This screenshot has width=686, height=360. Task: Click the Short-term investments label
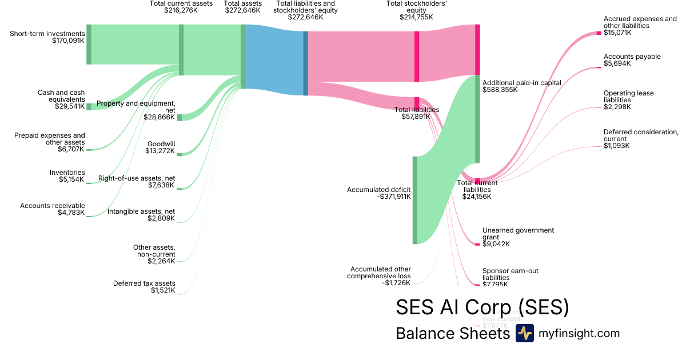(47, 34)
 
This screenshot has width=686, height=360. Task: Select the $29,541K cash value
(69, 106)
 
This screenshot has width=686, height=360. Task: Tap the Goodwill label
(161, 144)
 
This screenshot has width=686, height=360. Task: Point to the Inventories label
(67, 173)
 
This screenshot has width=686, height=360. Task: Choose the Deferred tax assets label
(144, 283)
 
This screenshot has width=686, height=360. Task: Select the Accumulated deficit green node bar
(415, 200)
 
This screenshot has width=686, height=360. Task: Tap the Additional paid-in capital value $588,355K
(500, 90)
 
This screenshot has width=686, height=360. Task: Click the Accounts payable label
(632, 57)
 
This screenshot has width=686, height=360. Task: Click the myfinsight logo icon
(525, 333)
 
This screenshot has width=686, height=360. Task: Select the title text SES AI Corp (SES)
(482, 307)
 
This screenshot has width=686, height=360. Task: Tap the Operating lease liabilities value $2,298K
(617, 107)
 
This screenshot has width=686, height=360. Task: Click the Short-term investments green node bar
(89, 45)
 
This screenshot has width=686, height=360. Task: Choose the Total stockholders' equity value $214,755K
(416, 17)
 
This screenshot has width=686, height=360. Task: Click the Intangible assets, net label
(141, 211)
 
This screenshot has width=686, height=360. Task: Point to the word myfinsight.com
(579, 333)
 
